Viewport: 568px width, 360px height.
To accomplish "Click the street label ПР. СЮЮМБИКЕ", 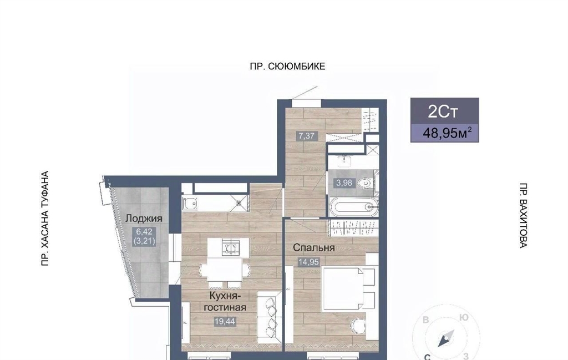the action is pyautogui.click(x=287, y=67).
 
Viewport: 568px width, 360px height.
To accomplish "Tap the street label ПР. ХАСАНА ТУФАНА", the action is pyautogui.click(x=45, y=219).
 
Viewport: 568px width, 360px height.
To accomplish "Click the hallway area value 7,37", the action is pyautogui.click(x=306, y=136).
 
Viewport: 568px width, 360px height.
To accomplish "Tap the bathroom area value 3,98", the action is pyautogui.click(x=344, y=183).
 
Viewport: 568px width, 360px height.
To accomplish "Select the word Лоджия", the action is pyautogui.click(x=144, y=219).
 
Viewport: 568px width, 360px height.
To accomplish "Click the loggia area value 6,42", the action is pyautogui.click(x=144, y=231).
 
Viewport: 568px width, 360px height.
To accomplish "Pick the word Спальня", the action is pyautogui.click(x=314, y=248).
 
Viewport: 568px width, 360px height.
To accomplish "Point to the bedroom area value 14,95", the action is pyautogui.click(x=308, y=261).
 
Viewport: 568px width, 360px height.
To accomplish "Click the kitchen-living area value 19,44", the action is pyautogui.click(x=225, y=321).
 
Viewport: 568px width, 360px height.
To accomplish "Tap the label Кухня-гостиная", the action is pyautogui.click(x=225, y=301).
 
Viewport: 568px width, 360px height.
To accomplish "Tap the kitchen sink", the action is pyautogui.click(x=190, y=204).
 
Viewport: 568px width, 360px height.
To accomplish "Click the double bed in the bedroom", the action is pyautogui.click(x=347, y=289).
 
